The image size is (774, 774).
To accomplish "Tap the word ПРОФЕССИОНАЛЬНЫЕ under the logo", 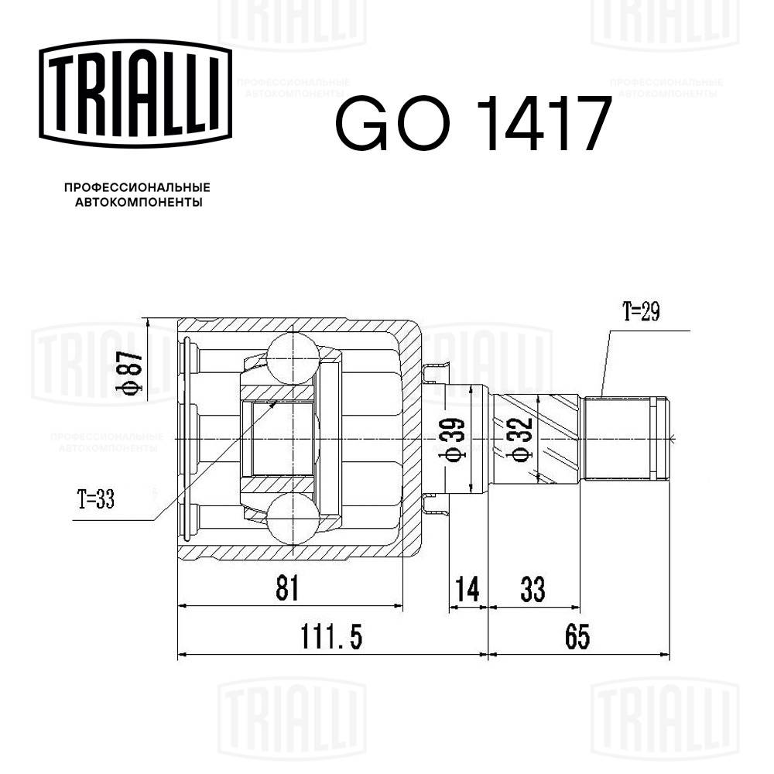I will coord(137,188).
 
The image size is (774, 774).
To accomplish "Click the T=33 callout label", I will coord(95,500).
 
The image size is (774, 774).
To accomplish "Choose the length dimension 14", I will coord(467,590).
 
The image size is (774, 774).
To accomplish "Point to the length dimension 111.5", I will coord(331,638).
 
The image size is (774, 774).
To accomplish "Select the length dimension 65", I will coord(577,638).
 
